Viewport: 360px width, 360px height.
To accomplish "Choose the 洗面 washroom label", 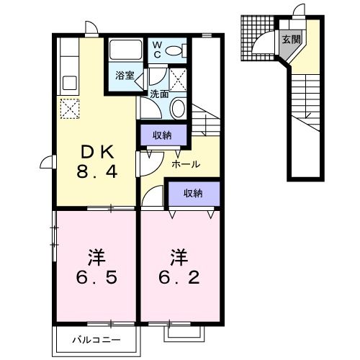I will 158,94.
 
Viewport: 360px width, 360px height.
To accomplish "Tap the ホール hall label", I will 186,165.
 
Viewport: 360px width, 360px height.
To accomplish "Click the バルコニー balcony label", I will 95,338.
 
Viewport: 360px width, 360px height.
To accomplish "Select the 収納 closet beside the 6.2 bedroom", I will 192,193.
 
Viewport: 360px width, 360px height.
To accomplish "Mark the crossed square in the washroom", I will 179,77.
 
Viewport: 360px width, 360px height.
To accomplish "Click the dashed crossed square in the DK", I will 69,109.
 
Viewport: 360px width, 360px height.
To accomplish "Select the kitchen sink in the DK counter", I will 69,82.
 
